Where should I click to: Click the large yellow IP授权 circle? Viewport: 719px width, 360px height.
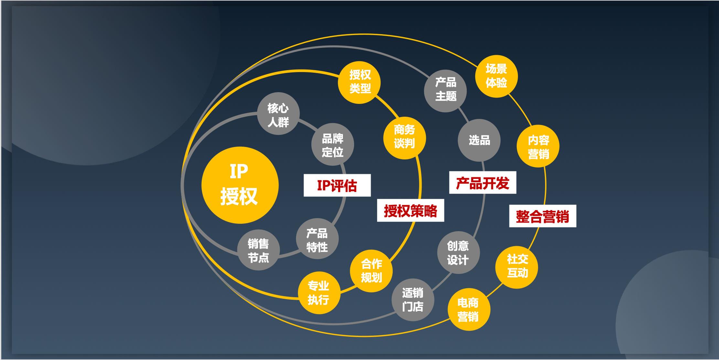point(240,185)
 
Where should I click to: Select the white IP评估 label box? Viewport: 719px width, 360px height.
point(337,185)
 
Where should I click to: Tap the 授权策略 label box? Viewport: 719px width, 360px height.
point(411,211)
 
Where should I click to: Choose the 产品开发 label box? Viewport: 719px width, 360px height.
point(483,183)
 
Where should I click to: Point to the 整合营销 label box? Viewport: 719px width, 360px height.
point(543,216)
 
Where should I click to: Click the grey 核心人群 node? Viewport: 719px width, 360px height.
point(278,114)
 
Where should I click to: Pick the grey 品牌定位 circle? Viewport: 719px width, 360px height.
point(333,144)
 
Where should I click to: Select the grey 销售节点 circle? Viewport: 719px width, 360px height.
point(259,249)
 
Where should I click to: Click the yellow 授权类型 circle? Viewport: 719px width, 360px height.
point(359,82)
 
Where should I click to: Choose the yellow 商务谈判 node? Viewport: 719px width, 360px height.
point(404,138)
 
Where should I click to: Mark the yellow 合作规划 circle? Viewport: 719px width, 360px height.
point(371,271)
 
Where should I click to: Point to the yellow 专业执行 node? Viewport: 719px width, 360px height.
point(319,293)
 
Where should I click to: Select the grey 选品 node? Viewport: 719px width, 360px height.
point(479,140)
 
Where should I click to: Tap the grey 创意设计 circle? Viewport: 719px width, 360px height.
point(458,253)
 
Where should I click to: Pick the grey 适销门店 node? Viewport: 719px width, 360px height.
point(413,300)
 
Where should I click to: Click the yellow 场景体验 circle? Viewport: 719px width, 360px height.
point(496,76)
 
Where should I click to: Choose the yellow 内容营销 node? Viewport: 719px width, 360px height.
point(538,146)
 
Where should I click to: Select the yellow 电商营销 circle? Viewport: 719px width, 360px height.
point(469,309)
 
